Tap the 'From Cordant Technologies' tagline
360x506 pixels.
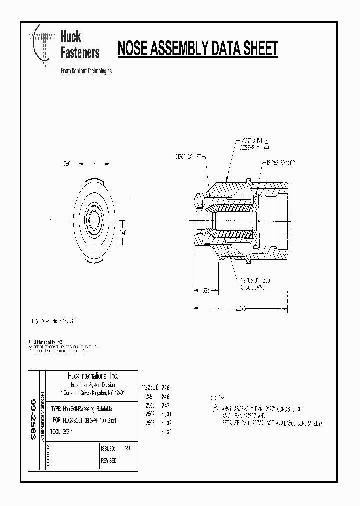coord(86,71)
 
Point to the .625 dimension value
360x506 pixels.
coord(206,289)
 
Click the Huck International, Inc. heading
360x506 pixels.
coord(93,376)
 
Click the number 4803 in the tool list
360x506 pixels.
coord(166,432)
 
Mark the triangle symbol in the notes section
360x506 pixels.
coord(215,408)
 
